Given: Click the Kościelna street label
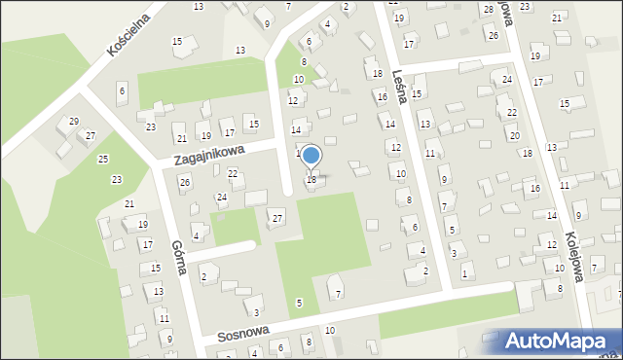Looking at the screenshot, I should (x=128, y=34).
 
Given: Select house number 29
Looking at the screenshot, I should (x=74, y=122).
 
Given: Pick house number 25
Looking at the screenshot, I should (x=103, y=158).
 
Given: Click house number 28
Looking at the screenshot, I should (x=488, y=10).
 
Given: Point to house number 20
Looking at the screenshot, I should (x=514, y=135).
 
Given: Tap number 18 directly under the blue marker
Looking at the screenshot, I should (x=311, y=179).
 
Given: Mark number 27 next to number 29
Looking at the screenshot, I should (x=91, y=135).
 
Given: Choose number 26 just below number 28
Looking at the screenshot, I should (x=494, y=35).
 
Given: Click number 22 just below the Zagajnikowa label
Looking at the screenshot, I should (x=233, y=173).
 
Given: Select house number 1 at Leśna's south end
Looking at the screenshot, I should (x=464, y=274).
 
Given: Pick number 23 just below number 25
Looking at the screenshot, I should (x=117, y=179).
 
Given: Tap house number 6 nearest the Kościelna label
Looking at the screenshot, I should (x=122, y=90).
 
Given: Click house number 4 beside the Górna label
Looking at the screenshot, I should (x=197, y=235).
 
